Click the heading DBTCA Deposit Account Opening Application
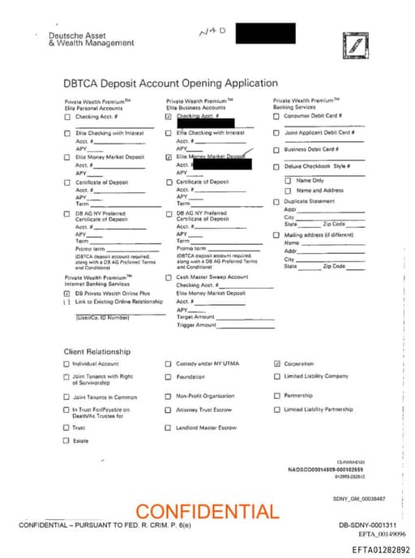tap(170, 83)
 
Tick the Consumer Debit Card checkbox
tap(276, 117)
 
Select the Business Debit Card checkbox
tap(276, 149)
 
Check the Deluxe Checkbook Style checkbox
tap(276, 167)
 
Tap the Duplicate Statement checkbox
tap(276, 201)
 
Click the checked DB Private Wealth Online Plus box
tap(67, 294)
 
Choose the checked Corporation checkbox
tap(277, 364)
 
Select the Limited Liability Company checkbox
tap(277, 376)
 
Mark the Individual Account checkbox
tap(66, 364)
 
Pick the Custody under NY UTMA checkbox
tap(169, 364)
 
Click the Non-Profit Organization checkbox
tap(169, 397)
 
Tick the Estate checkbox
tap(66, 440)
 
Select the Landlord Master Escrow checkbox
tap(169, 427)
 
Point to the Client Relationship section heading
tap(97, 351)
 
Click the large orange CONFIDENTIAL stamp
tap(206, 512)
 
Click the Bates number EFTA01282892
tap(381, 550)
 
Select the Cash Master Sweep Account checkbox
tap(169, 277)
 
